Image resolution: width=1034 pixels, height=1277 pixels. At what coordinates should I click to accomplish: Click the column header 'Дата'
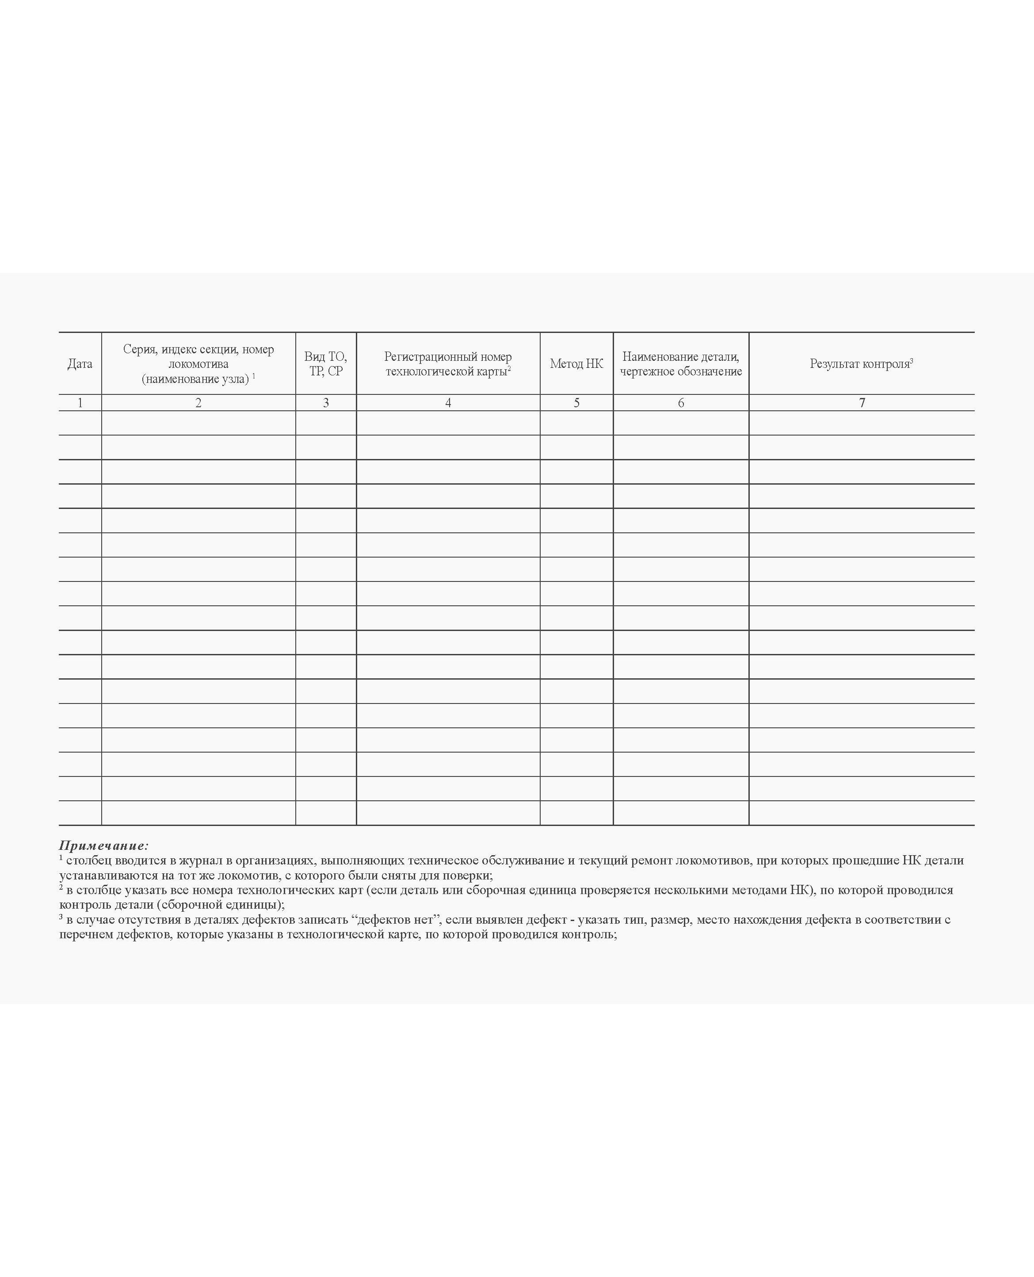pos(80,364)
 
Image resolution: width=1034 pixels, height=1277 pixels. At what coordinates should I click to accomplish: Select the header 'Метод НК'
pos(576,364)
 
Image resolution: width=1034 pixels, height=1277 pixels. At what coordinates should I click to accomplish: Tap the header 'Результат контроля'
pos(861,364)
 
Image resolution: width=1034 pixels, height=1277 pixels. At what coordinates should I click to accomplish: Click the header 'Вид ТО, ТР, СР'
pos(326,364)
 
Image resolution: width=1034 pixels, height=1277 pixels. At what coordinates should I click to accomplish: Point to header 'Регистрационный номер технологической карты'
pos(448,364)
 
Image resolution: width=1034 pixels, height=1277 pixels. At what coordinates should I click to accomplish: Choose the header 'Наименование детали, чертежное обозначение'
pos(681,364)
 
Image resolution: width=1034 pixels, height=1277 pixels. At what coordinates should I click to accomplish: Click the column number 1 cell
pos(80,403)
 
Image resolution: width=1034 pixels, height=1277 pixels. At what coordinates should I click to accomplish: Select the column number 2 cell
pos(198,403)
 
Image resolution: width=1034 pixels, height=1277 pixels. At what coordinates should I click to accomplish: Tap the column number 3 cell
pos(326,403)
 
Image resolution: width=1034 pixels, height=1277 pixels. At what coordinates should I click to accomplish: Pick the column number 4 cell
pos(448,403)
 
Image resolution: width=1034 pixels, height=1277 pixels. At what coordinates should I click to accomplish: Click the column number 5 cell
pos(576,403)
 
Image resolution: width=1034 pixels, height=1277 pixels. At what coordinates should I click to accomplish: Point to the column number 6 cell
pos(681,403)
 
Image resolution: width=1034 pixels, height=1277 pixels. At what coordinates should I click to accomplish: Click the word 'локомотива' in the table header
pos(198,364)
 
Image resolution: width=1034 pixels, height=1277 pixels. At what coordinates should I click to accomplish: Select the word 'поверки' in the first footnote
pos(470,876)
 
